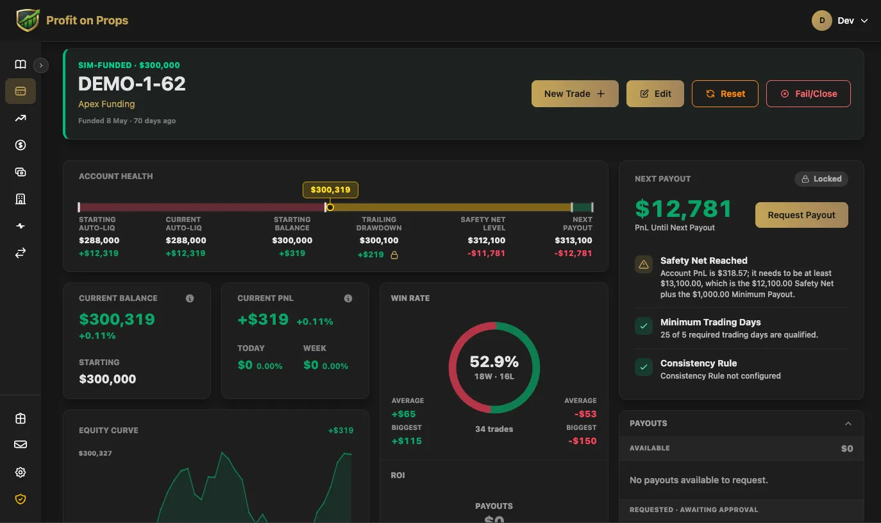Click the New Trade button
575,94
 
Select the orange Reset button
725,94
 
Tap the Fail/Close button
809,94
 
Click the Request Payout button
801,215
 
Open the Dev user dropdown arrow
864,21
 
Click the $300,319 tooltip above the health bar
330,190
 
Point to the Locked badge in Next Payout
821,179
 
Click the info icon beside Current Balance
190,298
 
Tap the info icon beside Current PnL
348,298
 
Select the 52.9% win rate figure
494,362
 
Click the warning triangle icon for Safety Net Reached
644,264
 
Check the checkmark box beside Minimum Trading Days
644,326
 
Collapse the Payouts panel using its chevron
848,424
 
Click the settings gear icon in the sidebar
21,472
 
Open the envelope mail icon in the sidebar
21,445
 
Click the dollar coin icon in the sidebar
21,145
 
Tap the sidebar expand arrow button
41,65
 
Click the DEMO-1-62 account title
131,84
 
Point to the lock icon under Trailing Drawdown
394,255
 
